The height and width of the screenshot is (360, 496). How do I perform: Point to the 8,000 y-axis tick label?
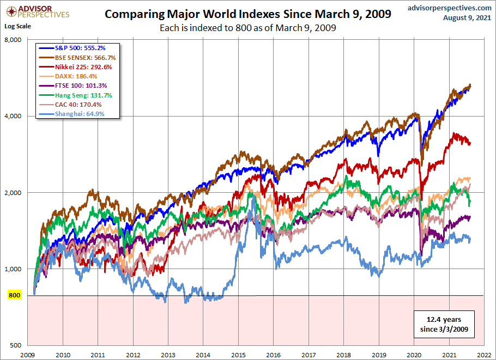[20, 40]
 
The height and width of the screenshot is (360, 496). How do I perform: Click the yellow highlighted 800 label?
[15, 296]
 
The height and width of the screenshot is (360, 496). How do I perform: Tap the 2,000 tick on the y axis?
[20, 193]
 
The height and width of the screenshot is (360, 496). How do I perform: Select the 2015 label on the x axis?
[238, 353]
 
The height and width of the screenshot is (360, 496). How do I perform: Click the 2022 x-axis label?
[483, 353]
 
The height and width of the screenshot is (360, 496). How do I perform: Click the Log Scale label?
[18, 26]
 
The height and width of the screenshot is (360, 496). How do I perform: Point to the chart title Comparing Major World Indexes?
[247, 14]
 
